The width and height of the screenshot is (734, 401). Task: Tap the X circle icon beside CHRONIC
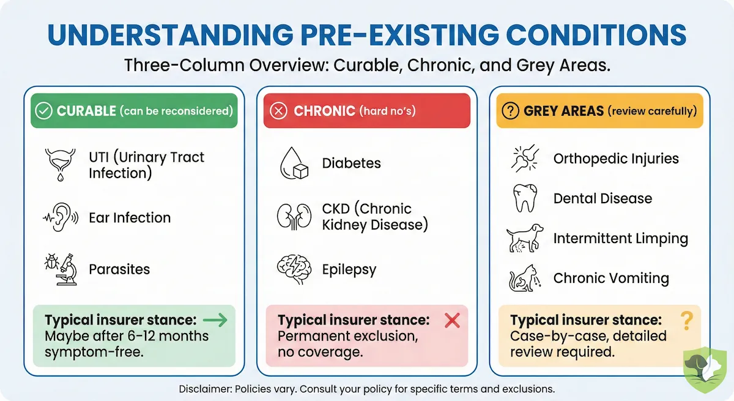(279, 111)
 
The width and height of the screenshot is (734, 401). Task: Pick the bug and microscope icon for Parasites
(60, 269)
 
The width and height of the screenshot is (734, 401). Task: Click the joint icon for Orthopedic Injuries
(525, 159)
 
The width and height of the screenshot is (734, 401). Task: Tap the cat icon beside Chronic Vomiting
(525, 279)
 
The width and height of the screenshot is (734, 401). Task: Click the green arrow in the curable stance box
(215, 319)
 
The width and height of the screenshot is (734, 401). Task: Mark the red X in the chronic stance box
(451, 319)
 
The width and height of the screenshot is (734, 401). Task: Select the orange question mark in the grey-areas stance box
(686, 319)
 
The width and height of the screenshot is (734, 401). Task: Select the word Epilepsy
(349, 270)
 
